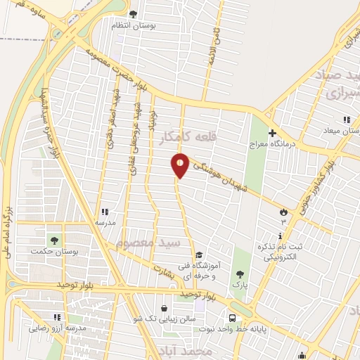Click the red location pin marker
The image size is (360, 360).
181,165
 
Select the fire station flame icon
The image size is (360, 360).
283,211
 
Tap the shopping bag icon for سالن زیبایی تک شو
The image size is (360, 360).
164,307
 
